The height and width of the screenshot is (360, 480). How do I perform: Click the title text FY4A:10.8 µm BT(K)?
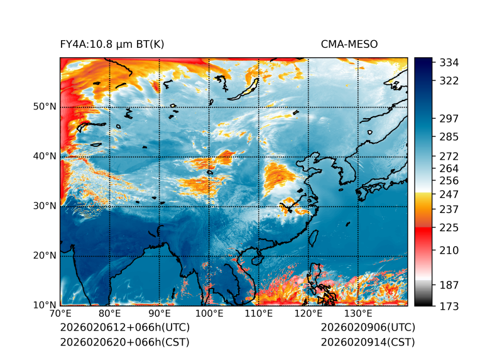click(x=112, y=44)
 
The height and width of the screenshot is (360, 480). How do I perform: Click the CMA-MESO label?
click(x=349, y=44)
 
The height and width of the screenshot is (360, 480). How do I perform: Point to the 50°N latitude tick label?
click(x=45, y=106)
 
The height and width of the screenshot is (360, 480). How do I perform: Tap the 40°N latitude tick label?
click(x=45, y=156)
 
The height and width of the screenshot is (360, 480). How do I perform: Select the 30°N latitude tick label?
click(x=45, y=205)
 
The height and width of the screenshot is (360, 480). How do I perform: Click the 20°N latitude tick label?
click(x=45, y=256)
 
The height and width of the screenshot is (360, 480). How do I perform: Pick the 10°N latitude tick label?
click(x=45, y=305)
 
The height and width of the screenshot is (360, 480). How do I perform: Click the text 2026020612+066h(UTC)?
click(x=124, y=328)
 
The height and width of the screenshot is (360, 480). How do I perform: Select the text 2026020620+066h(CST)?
click(x=124, y=342)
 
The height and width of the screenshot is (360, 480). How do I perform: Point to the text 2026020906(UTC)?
click(x=368, y=328)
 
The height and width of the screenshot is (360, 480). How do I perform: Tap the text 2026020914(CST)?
click(x=368, y=342)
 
